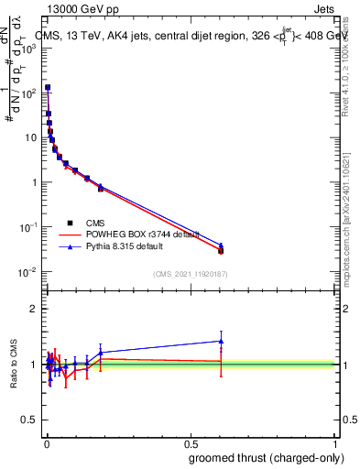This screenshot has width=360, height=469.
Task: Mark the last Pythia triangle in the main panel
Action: (221, 245)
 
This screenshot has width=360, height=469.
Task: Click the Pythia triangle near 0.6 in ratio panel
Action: (221, 341)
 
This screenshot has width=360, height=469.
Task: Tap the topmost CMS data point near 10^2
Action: (48, 88)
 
